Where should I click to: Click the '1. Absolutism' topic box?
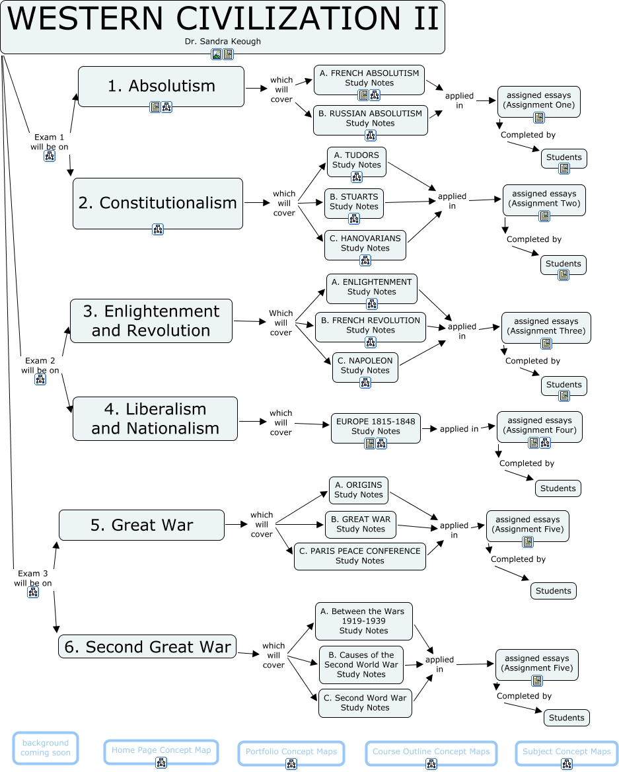(x=161, y=86)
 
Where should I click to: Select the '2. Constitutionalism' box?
(x=157, y=203)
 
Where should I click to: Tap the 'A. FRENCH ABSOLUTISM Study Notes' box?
(x=369, y=78)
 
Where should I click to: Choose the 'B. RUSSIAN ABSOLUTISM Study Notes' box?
(x=370, y=118)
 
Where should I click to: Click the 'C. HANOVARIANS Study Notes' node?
(x=365, y=243)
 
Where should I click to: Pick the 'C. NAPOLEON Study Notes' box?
(x=365, y=366)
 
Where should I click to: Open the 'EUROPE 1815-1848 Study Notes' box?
(x=375, y=426)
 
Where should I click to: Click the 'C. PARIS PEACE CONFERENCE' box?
(x=359, y=556)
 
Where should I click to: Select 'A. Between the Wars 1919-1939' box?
(x=363, y=621)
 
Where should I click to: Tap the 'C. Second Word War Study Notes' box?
(x=365, y=703)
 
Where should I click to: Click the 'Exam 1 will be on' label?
(x=50, y=142)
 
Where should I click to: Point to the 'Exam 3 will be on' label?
(x=33, y=578)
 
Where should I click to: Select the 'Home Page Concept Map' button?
(x=161, y=750)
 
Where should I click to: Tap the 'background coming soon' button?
(x=45, y=748)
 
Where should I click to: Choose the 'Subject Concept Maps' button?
(x=566, y=752)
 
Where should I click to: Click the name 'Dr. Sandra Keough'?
(x=223, y=41)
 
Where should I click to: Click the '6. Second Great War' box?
(x=147, y=646)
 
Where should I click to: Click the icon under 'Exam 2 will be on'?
(x=40, y=379)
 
